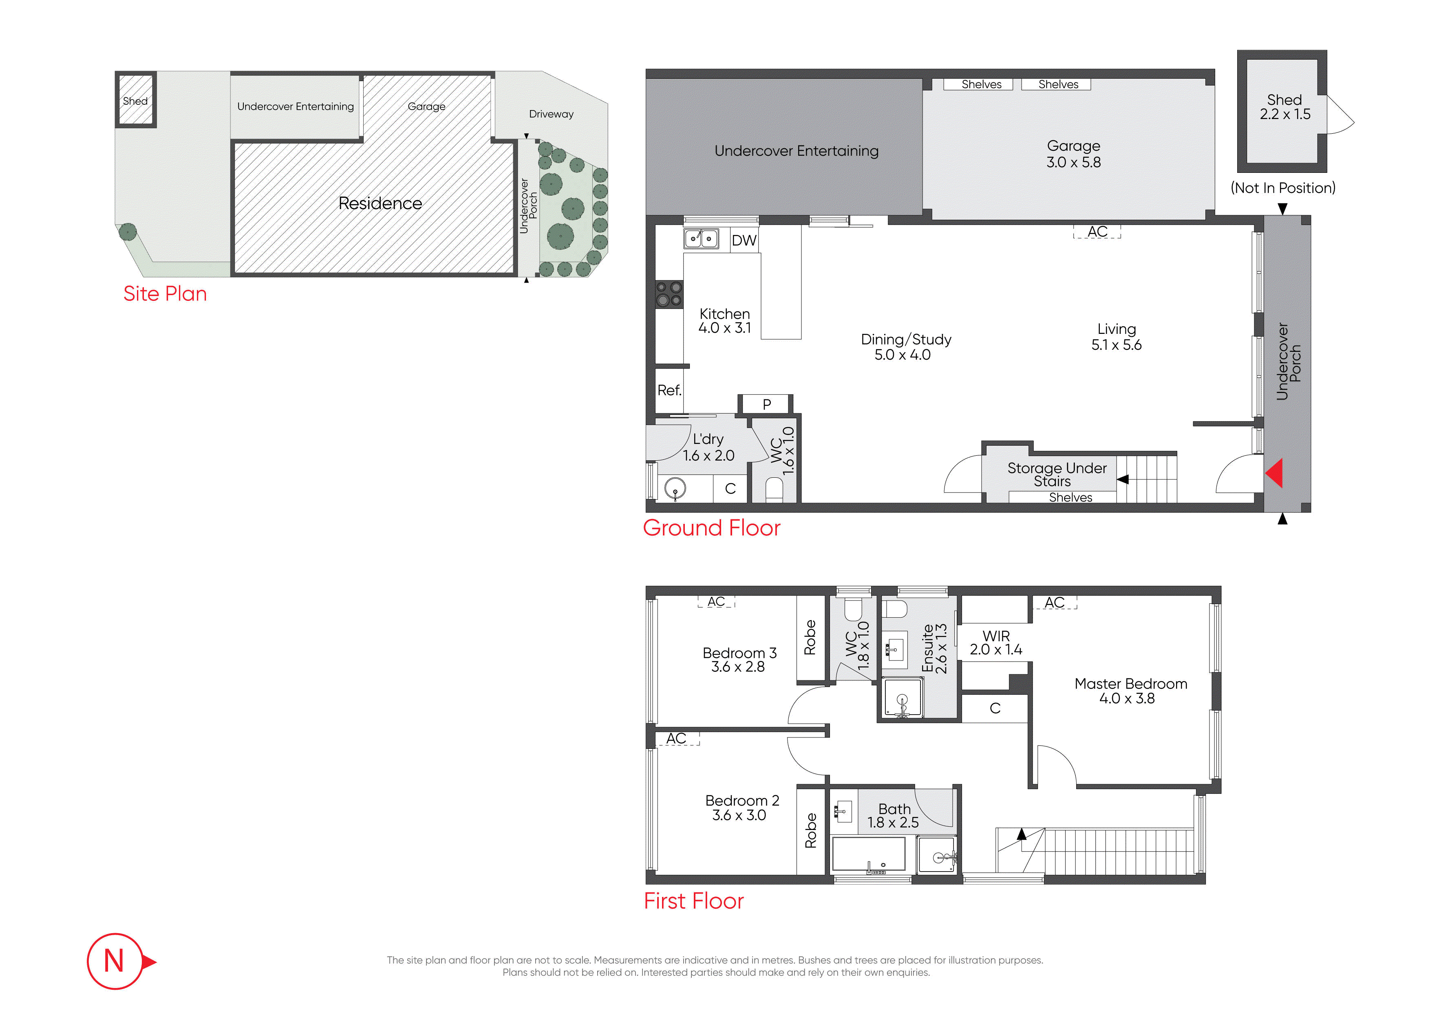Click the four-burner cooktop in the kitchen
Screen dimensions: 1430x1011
[x=669, y=294]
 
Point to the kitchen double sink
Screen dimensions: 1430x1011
[x=701, y=238]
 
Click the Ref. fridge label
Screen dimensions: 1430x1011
[x=669, y=391]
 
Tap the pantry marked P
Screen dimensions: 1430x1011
[x=767, y=404]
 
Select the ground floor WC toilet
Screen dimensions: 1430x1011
[x=774, y=489]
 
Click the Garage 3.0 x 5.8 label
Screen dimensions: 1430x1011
[x=1073, y=154]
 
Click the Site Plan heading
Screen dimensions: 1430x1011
[x=165, y=294]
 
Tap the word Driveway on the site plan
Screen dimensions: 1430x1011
[x=551, y=114]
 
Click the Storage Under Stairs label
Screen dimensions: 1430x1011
[x=1057, y=474]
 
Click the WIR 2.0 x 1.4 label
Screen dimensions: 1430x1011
[x=996, y=643]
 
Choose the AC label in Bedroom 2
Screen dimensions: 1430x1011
[x=676, y=738]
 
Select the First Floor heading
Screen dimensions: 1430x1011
[x=694, y=901]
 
